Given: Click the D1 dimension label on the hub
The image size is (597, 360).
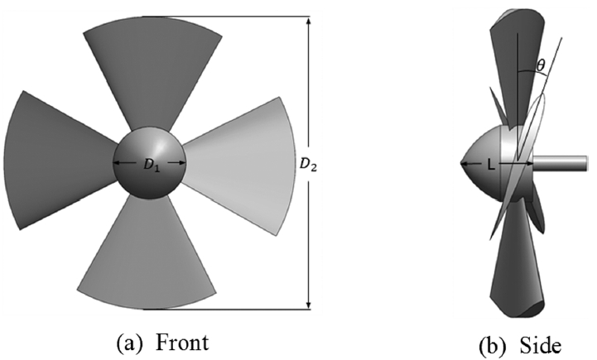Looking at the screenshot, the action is click(x=152, y=165).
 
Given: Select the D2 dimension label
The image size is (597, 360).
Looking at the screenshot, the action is click(x=308, y=165).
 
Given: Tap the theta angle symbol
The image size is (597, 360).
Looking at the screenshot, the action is click(x=540, y=66).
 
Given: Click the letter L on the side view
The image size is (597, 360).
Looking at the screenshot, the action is click(x=492, y=166).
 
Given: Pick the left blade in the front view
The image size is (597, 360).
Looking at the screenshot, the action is click(x=57, y=160).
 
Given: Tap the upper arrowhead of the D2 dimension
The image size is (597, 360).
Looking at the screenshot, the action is click(x=309, y=21).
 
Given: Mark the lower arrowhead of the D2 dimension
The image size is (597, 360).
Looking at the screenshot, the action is click(x=309, y=305).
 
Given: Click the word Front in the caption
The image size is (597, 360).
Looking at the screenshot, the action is click(x=182, y=342).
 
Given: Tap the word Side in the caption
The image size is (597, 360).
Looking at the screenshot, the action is click(x=540, y=346).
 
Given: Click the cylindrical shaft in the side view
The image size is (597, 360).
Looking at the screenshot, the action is click(x=560, y=163).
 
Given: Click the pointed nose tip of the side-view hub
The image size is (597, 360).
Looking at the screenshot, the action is click(x=461, y=164).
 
